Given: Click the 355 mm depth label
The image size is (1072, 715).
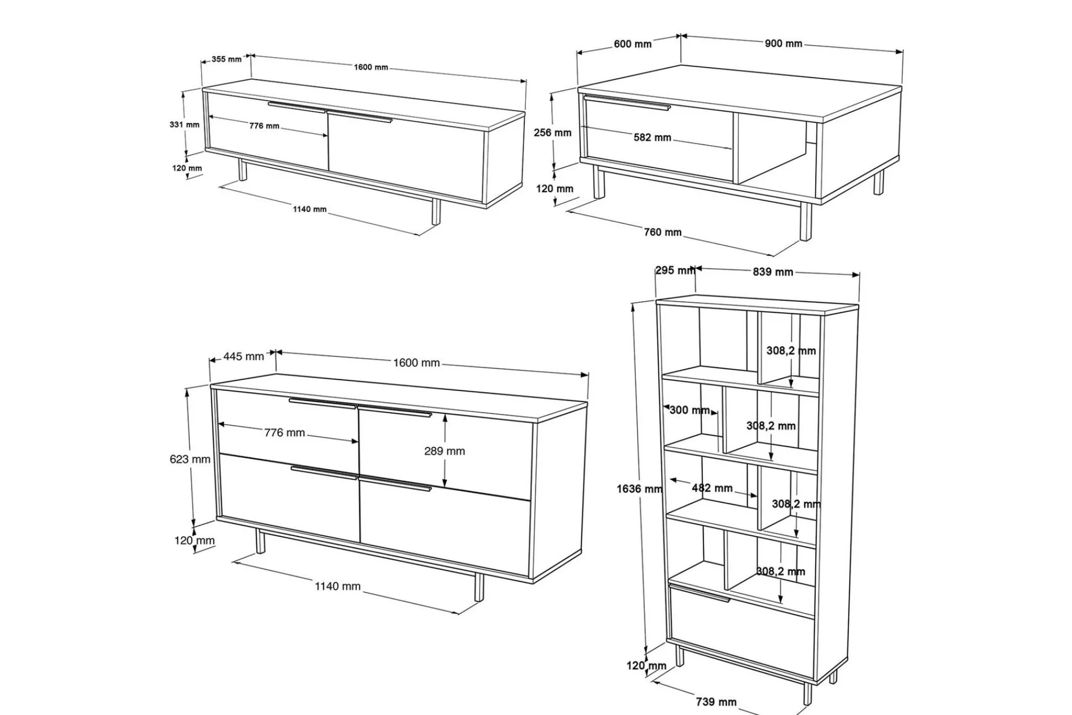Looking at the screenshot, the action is click(227, 59).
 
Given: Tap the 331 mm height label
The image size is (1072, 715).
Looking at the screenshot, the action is click(184, 125).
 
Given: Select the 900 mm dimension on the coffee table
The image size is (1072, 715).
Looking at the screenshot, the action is click(783, 44).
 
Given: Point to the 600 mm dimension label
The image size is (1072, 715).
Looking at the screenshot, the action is click(633, 44).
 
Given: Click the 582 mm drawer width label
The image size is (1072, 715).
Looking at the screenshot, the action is click(652, 137).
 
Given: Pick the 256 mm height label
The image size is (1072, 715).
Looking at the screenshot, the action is click(553, 132).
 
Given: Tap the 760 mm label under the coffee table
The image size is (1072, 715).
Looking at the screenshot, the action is click(663, 232).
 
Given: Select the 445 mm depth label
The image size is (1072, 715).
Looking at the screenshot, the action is click(243, 356).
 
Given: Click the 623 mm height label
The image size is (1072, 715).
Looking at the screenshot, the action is click(190, 459).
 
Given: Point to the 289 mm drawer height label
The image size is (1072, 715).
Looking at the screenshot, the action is click(444, 451).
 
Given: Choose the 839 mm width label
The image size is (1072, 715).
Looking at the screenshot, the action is click(773, 272).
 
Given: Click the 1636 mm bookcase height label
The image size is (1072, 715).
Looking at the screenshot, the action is click(639, 489).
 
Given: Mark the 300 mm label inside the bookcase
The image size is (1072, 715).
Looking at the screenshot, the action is click(690, 410).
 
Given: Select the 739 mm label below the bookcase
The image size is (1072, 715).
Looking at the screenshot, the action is click(716, 702).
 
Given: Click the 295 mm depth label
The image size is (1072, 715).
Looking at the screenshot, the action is click(675, 270).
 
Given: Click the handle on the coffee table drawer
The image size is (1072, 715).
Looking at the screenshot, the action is click(626, 103).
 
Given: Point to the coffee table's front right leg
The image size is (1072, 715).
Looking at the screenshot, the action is click(805, 221).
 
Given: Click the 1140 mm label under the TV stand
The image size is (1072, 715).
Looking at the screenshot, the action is click(310, 209).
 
